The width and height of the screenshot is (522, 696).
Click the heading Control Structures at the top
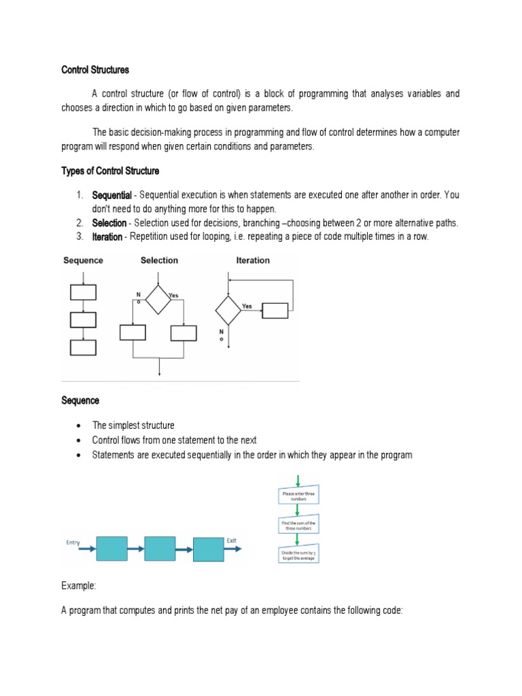click(95, 70)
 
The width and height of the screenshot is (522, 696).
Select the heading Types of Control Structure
click(110, 171)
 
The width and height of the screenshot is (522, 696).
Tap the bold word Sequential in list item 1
click(111, 196)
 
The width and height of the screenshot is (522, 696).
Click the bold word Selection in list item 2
click(109, 223)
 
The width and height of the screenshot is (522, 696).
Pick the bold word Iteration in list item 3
click(107, 237)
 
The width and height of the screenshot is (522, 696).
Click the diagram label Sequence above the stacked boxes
click(83, 260)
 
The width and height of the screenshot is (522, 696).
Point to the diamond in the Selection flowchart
click(158, 300)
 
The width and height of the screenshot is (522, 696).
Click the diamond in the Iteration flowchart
click(228, 311)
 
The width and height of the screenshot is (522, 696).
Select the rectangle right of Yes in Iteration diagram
click(275, 311)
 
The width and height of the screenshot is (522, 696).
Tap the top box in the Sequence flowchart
click(83, 292)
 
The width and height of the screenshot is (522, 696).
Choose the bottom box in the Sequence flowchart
click(83, 347)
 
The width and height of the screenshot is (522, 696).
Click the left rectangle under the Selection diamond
click(133, 332)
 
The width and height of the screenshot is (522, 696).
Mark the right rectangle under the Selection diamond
click(184, 332)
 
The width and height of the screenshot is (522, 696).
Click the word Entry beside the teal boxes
click(73, 542)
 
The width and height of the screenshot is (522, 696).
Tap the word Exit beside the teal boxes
click(232, 540)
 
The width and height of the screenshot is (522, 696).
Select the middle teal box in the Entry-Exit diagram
click(160, 549)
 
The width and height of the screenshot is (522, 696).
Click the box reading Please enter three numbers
click(298, 495)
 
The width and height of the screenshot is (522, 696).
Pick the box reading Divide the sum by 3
click(298, 555)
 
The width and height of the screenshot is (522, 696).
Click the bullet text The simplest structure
click(133, 425)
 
